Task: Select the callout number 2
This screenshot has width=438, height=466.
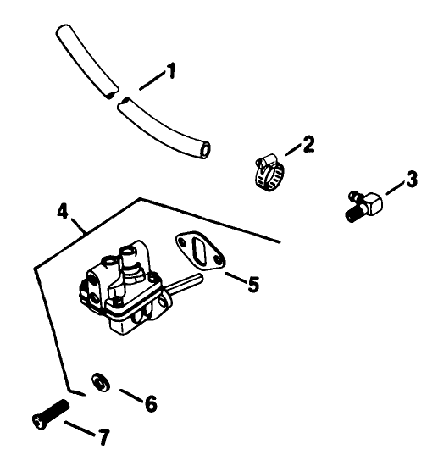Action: click(308, 143)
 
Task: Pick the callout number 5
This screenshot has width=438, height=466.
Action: click(251, 284)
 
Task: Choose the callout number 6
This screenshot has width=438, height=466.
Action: click(151, 403)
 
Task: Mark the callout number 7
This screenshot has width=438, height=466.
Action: click(103, 437)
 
